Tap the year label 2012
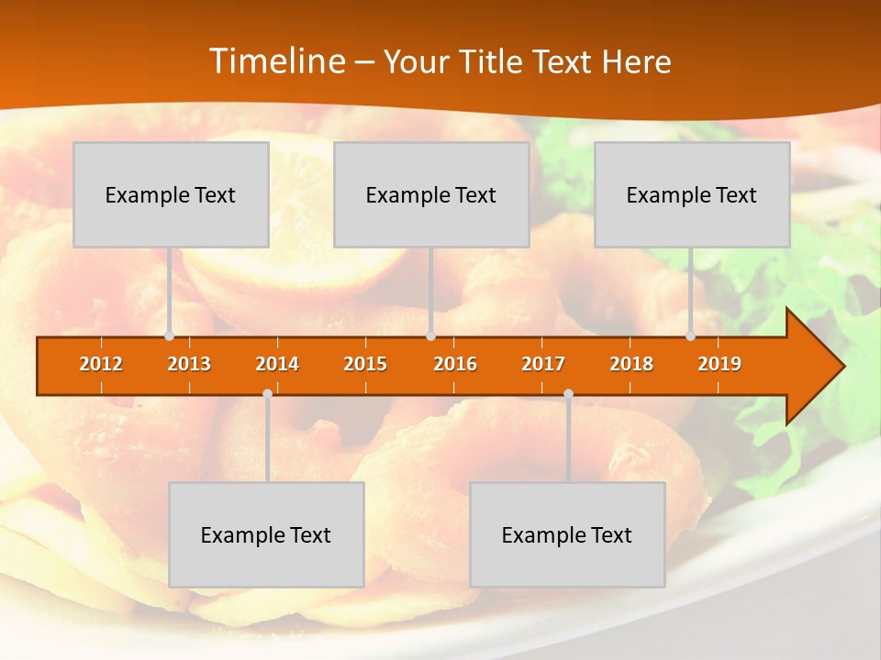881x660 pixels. coord(101,364)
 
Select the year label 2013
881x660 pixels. coord(189,364)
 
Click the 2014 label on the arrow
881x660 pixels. coord(277,364)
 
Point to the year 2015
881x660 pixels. coord(365,364)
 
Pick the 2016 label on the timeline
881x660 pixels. coord(455,364)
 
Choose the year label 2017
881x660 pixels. coord(543,364)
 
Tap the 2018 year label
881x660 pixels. coord(631,364)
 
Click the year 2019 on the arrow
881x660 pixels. coord(719,364)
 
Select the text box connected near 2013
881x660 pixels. coord(171,194)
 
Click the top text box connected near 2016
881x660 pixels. coord(431,194)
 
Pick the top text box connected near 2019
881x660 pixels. coord(692,194)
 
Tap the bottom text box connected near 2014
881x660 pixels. coord(266,534)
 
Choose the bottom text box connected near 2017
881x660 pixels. coord(567,534)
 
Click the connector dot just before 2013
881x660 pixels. coord(169,336)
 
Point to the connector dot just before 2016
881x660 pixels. coord(430,336)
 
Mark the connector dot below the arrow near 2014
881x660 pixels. coord(267,394)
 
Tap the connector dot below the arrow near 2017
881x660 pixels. coord(568,394)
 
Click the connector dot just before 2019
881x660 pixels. coord(690,336)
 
